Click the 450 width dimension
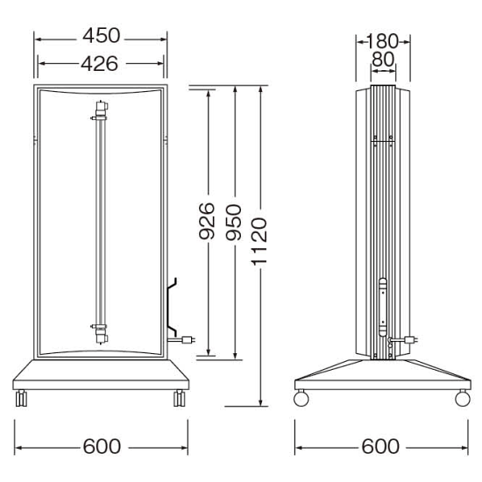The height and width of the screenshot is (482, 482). [x=101, y=36]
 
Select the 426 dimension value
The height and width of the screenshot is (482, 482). [x=99, y=64]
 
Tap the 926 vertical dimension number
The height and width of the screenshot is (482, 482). [x=206, y=221]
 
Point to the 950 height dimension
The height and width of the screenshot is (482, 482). [x=233, y=223]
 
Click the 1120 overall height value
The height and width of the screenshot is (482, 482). [x=259, y=241]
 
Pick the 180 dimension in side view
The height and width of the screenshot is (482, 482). [x=382, y=41]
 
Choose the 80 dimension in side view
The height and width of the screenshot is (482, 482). [x=383, y=60]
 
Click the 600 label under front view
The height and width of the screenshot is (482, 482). [x=102, y=446]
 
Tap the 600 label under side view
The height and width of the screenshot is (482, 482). [x=380, y=446]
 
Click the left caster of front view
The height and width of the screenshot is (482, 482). [x=21, y=398]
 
